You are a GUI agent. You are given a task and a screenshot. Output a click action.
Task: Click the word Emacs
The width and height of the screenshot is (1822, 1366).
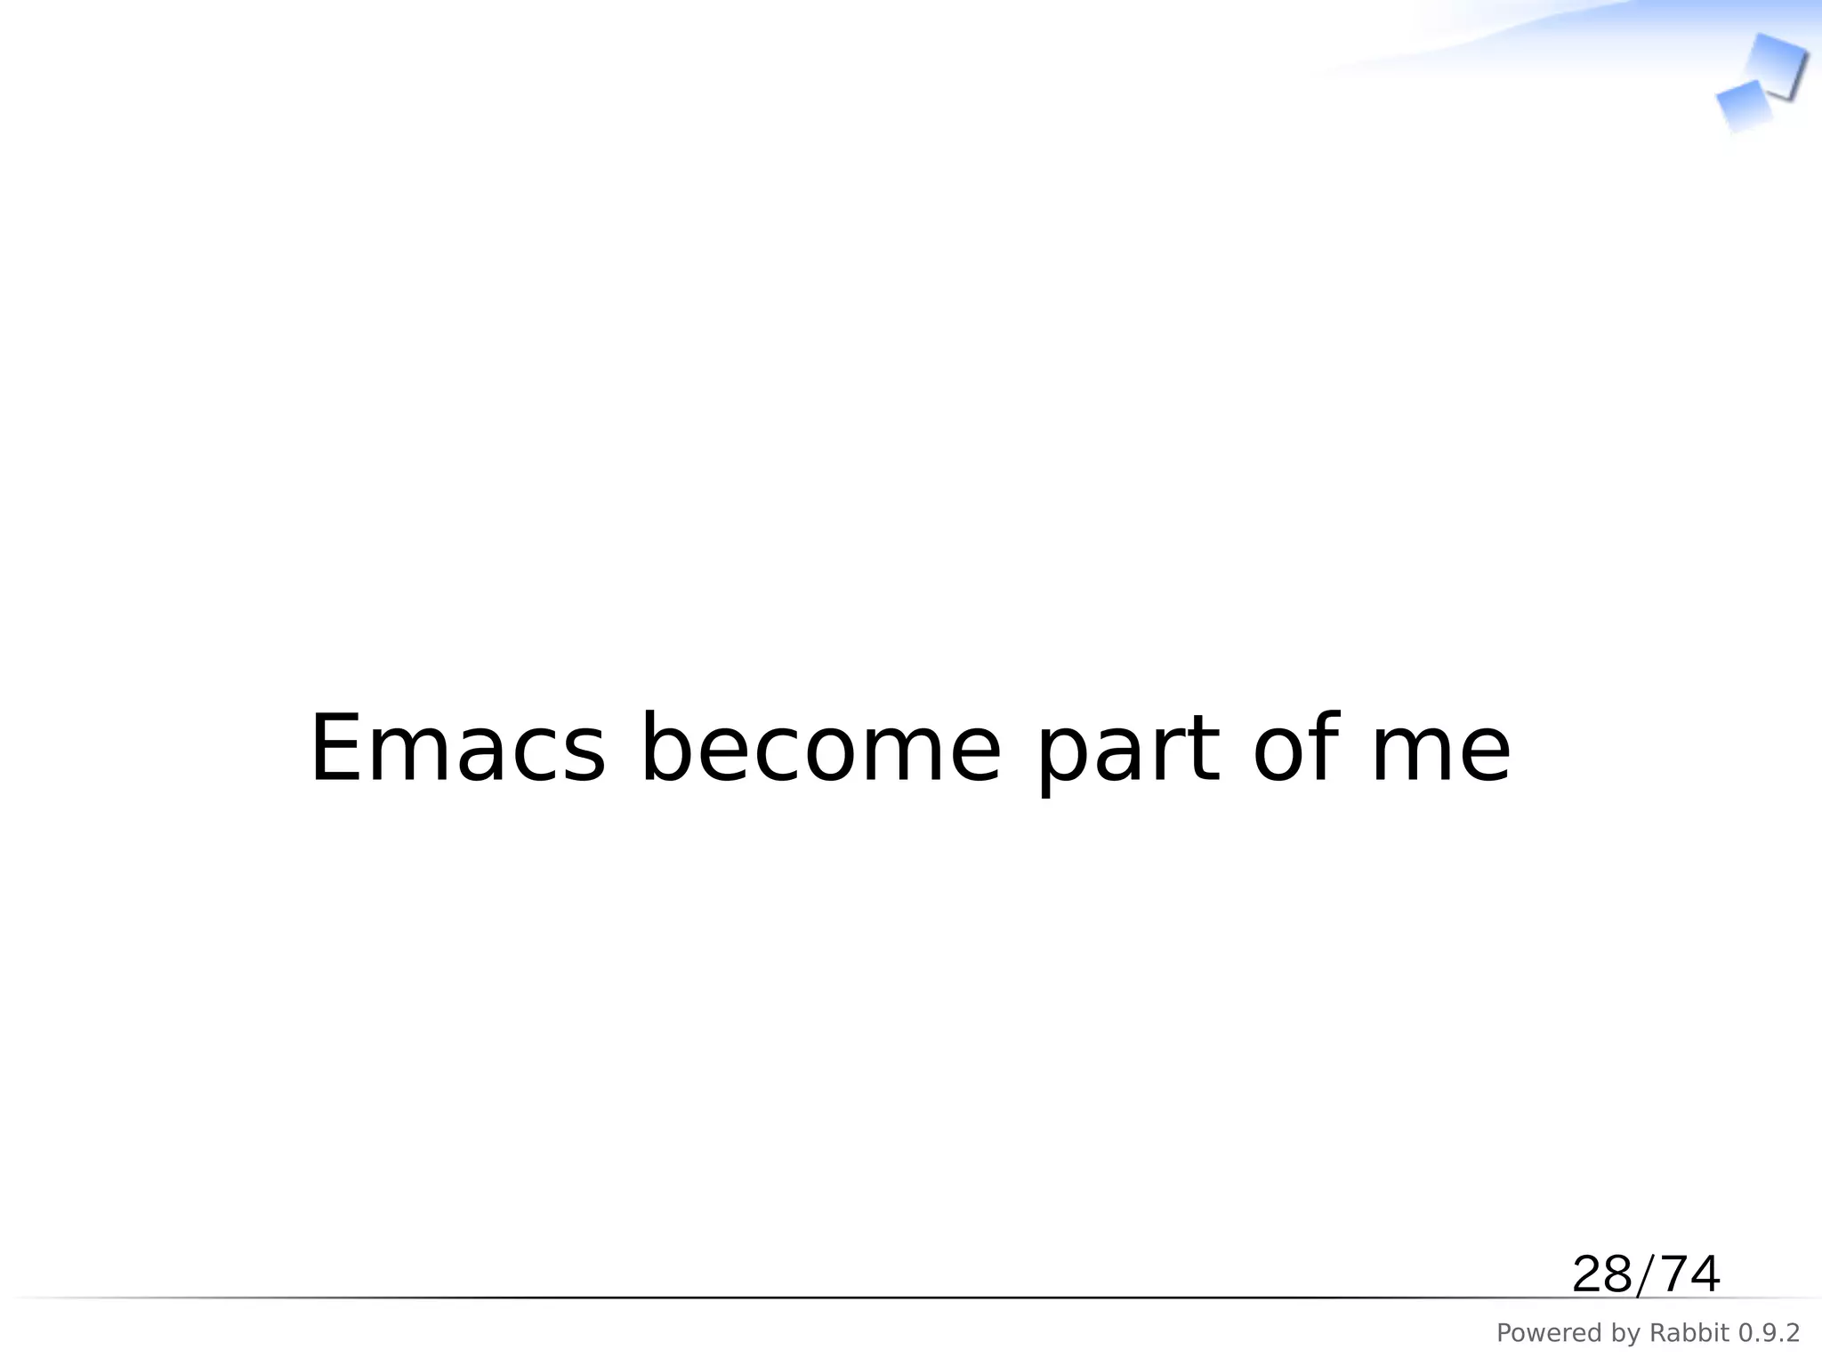tap(457, 749)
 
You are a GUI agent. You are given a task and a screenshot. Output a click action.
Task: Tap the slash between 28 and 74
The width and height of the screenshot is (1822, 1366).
tap(1647, 1275)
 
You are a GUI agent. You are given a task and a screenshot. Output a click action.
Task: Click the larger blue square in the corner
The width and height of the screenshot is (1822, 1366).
tap(1777, 65)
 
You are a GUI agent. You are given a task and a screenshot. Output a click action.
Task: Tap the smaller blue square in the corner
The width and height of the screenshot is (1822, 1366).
tap(1744, 105)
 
